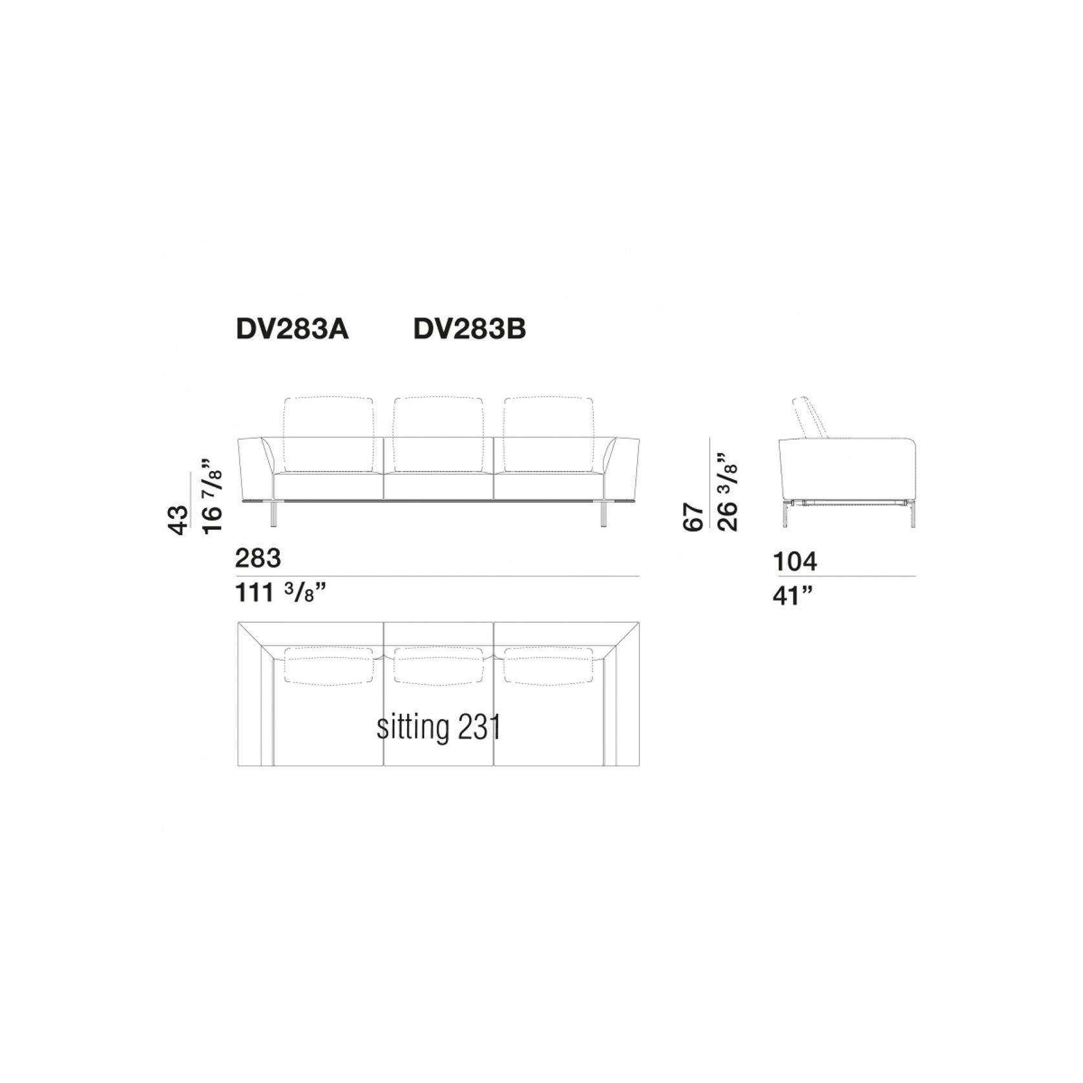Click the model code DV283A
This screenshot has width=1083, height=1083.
click(292, 330)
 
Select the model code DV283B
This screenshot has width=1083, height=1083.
click(470, 330)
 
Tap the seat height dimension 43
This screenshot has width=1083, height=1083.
click(178, 520)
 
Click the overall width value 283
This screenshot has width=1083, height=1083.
click(258, 558)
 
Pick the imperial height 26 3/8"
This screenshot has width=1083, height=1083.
click(727, 492)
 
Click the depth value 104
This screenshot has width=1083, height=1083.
click(795, 562)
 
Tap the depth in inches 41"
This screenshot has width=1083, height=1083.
click(792, 595)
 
